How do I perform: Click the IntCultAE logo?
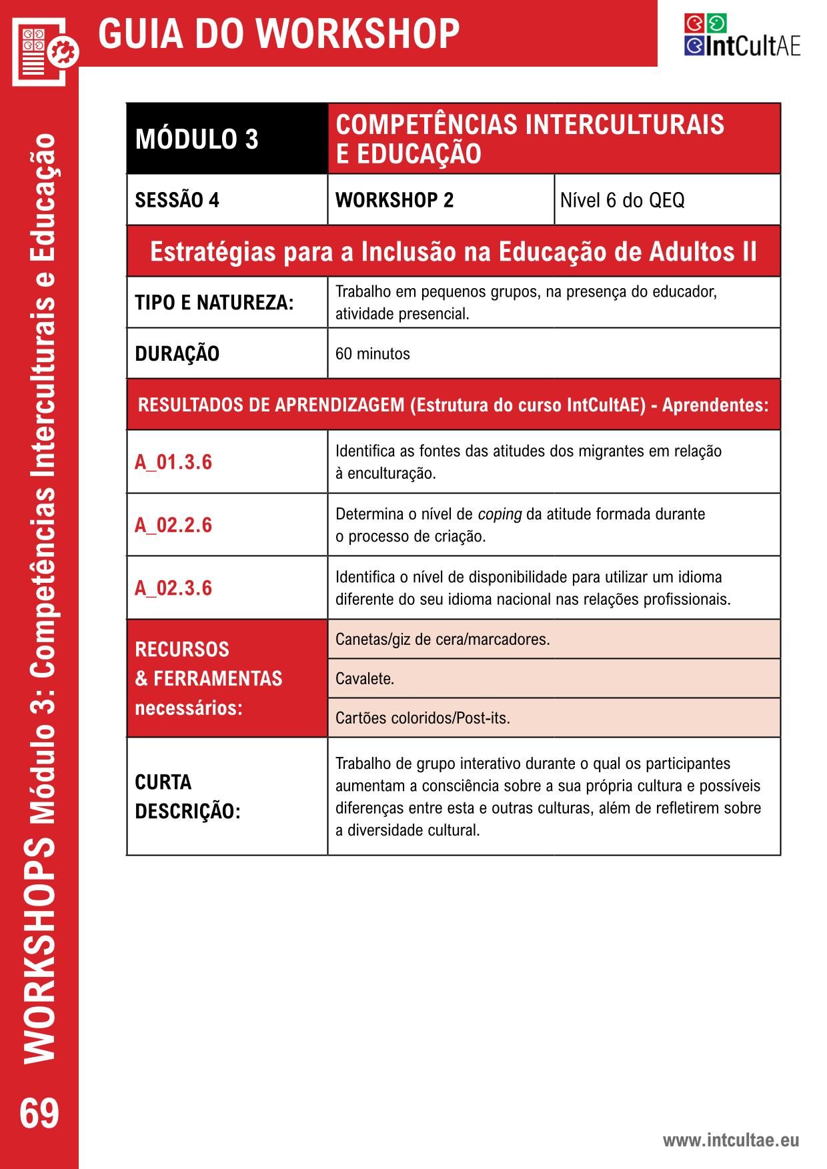tap(742, 35)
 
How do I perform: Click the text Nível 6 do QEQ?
tap(622, 200)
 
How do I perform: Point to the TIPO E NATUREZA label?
tap(214, 303)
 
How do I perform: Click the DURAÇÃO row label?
tap(177, 353)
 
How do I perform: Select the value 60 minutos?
tap(373, 353)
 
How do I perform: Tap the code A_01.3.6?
tap(173, 462)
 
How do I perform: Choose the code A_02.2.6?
tap(173, 525)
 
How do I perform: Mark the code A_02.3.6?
tap(173, 588)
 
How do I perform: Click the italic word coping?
tap(500, 514)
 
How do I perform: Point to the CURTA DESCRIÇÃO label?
tap(187, 796)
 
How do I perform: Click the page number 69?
tap(39, 1113)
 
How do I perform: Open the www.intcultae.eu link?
tap(730, 1140)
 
